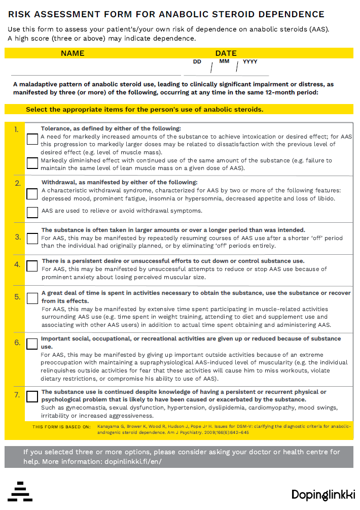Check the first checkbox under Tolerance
(x=32, y=139)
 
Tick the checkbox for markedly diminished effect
(x=32, y=163)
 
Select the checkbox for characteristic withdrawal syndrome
(x=32, y=193)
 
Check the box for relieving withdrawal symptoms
(x=32, y=212)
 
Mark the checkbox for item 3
(x=32, y=238)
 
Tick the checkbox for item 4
(x=32, y=265)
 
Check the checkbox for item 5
(x=32, y=298)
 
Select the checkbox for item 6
(x=32, y=344)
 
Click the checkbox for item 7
(x=32, y=396)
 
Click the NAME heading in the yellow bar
(x=73, y=53)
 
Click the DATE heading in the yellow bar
(x=226, y=53)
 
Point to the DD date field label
(x=197, y=62)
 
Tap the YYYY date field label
(x=250, y=62)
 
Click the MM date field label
(x=224, y=61)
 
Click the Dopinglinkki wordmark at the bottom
(x=323, y=494)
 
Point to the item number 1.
(x=16, y=129)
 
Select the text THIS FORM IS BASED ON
(x=61, y=427)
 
